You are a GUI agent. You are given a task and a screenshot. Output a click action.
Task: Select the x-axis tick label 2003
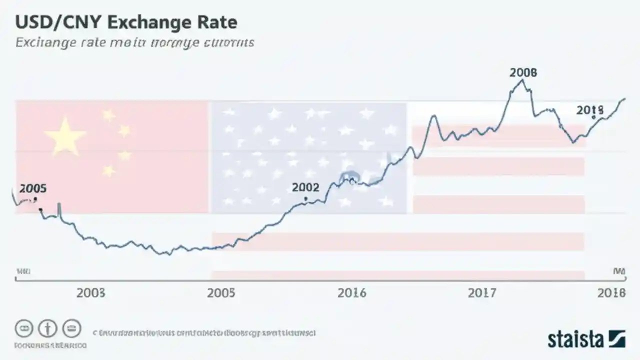click(90, 292)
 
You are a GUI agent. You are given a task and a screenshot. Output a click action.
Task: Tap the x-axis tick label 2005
click(220, 292)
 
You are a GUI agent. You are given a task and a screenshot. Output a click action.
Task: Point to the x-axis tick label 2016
click(351, 292)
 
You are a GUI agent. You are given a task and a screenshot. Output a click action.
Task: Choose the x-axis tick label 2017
click(482, 292)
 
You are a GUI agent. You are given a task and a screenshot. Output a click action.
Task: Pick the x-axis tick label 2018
click(611, 292)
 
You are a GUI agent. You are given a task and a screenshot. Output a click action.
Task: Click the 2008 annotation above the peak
click(523, 72)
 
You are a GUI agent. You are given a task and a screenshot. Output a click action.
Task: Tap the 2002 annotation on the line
click(305, 187)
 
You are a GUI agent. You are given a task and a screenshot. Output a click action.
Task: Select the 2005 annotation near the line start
click(33, 188)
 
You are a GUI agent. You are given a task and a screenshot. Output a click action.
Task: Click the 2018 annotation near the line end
click(590, 110)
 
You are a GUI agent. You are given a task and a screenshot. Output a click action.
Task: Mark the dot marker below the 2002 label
click(305, 198)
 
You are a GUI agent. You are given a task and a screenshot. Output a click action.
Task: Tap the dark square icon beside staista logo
click(616, 339)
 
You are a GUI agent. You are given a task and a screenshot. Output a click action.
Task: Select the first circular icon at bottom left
click(24, 328)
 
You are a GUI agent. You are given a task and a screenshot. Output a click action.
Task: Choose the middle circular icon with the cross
click(48, 328)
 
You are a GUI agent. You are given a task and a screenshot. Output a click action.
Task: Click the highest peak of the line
click(521, 80)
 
